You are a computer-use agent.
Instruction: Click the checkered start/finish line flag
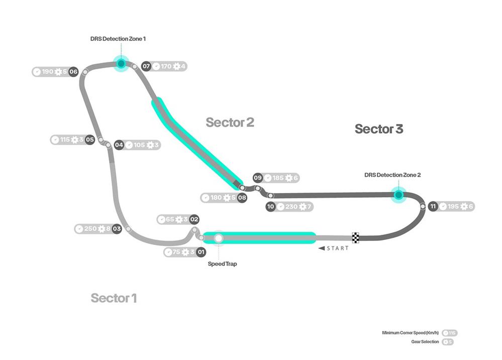pos(356,237)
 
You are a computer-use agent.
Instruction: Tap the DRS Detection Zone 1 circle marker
pos(121,64)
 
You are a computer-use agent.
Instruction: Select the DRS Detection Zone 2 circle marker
pos(398,194)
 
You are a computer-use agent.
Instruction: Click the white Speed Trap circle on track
pos(219,238)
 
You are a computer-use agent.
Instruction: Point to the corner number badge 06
pos(74,72)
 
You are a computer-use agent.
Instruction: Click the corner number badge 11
pos(432,206)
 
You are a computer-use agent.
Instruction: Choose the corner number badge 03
pos(117,228)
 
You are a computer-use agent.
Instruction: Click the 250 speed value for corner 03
pos(90,228)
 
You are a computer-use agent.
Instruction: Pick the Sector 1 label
pos(114,298)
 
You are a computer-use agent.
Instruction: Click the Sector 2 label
pos(230,122)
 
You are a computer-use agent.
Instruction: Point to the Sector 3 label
pos(379,129)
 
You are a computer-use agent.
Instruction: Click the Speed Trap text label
pos(222,264)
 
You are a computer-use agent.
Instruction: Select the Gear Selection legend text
pos(425,342)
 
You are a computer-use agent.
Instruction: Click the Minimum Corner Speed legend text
pos(411,333)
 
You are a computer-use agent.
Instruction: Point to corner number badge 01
pos(201,252)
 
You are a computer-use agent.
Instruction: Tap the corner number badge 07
pos(146,66)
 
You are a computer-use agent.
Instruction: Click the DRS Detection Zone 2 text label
pos(392,175)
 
